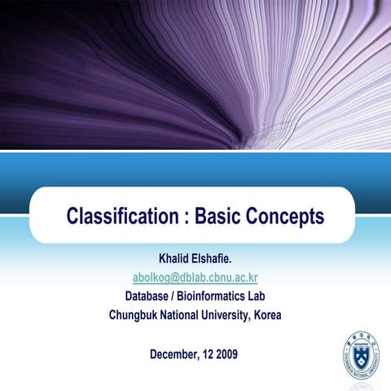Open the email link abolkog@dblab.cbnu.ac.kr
[195, 279]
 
